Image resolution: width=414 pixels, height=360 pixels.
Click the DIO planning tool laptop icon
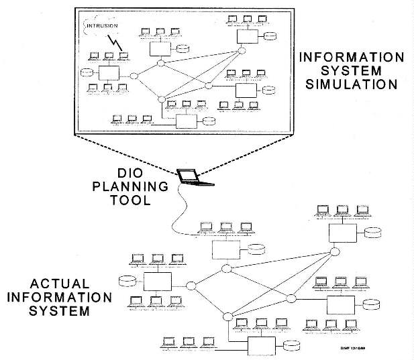tap(193, 177)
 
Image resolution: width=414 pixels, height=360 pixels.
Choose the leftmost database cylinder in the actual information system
tap(124, 280)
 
